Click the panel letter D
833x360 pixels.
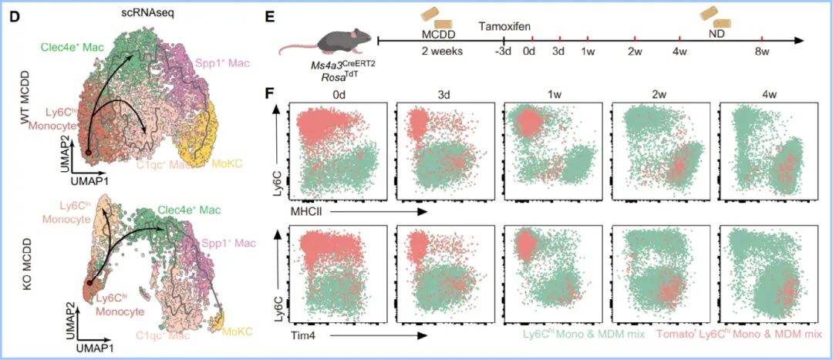coord(12,15)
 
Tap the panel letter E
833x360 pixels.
coord(269,15)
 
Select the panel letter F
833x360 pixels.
coord(269,93)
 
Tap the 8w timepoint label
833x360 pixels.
coord(762,52)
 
